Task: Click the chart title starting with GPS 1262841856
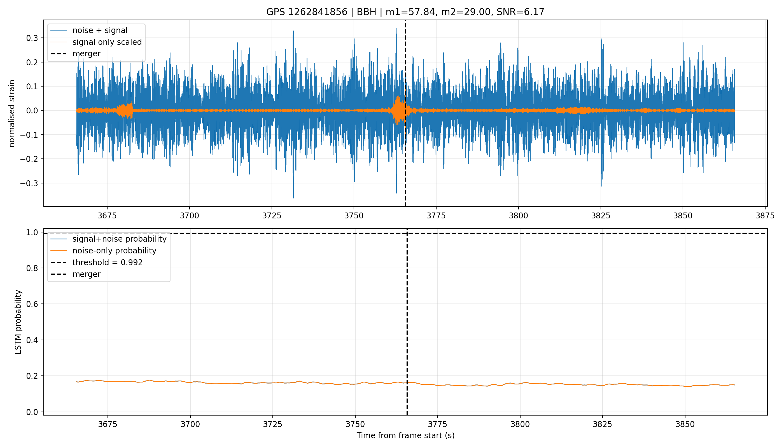405,12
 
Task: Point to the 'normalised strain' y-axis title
12,113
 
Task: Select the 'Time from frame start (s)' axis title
405,435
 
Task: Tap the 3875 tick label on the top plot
765,216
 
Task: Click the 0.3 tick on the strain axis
32,38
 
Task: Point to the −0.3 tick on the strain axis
29,183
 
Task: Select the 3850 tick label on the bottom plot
685,424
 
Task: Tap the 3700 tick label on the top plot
190,216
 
